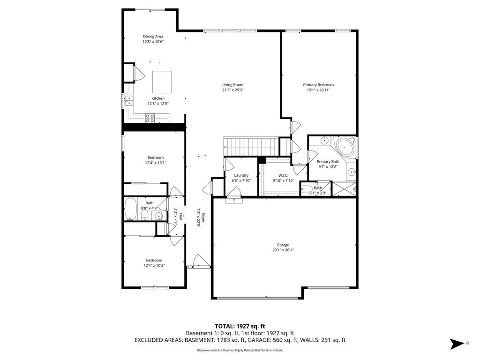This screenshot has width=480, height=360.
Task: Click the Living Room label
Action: (x=232, y=85)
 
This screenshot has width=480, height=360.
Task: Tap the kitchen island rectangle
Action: (x=162, y=82)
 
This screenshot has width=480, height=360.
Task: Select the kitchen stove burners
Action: (x=150, y=118)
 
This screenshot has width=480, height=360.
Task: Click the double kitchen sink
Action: (x=129, y=100)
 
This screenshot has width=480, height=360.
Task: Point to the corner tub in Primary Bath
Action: (x=345, y=148)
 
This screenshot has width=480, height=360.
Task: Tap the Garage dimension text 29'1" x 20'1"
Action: (x=283, y=250)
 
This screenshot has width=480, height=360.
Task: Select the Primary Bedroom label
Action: (x=318, y=85)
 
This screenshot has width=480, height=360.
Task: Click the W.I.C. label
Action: (x=283, y=175)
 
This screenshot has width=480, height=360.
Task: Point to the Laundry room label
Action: (x=241, y=175)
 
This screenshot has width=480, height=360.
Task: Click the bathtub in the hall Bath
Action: (x=131, y=209)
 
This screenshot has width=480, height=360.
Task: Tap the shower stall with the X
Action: (x=344, y=189)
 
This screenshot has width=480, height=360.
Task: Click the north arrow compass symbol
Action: (x=457, y=344)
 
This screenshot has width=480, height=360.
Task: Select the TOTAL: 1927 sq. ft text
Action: (x=240, y=326)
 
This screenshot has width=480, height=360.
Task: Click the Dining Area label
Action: (x=153, y=37)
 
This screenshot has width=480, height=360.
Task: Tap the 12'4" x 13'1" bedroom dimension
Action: (x=156, y=163)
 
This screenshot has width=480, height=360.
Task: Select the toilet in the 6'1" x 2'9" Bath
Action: (x=307, y=188)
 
